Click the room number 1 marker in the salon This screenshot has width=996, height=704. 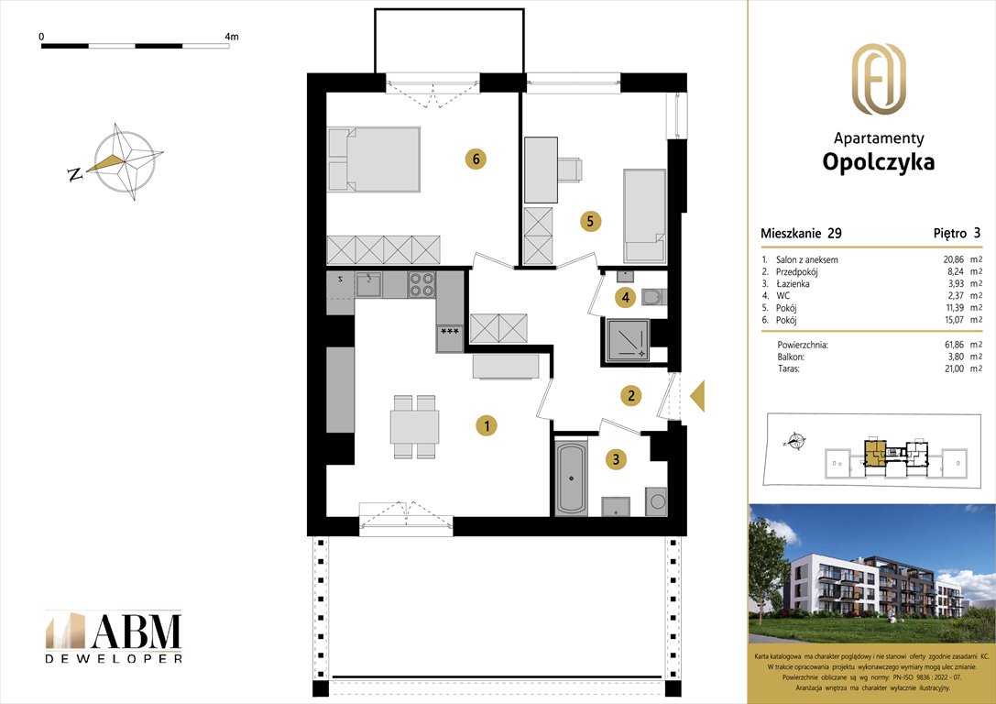487,425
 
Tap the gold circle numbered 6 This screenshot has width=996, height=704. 474,159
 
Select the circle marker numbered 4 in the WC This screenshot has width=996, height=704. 625,297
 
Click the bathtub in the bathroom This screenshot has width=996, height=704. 572,478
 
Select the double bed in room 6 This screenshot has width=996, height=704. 374,159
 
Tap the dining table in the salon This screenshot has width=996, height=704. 414,427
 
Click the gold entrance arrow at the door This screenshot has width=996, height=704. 696,396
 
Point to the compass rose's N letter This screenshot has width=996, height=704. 75,174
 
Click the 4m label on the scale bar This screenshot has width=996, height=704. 231,37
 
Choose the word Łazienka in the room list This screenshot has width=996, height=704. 789,284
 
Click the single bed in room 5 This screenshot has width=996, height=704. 644,216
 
